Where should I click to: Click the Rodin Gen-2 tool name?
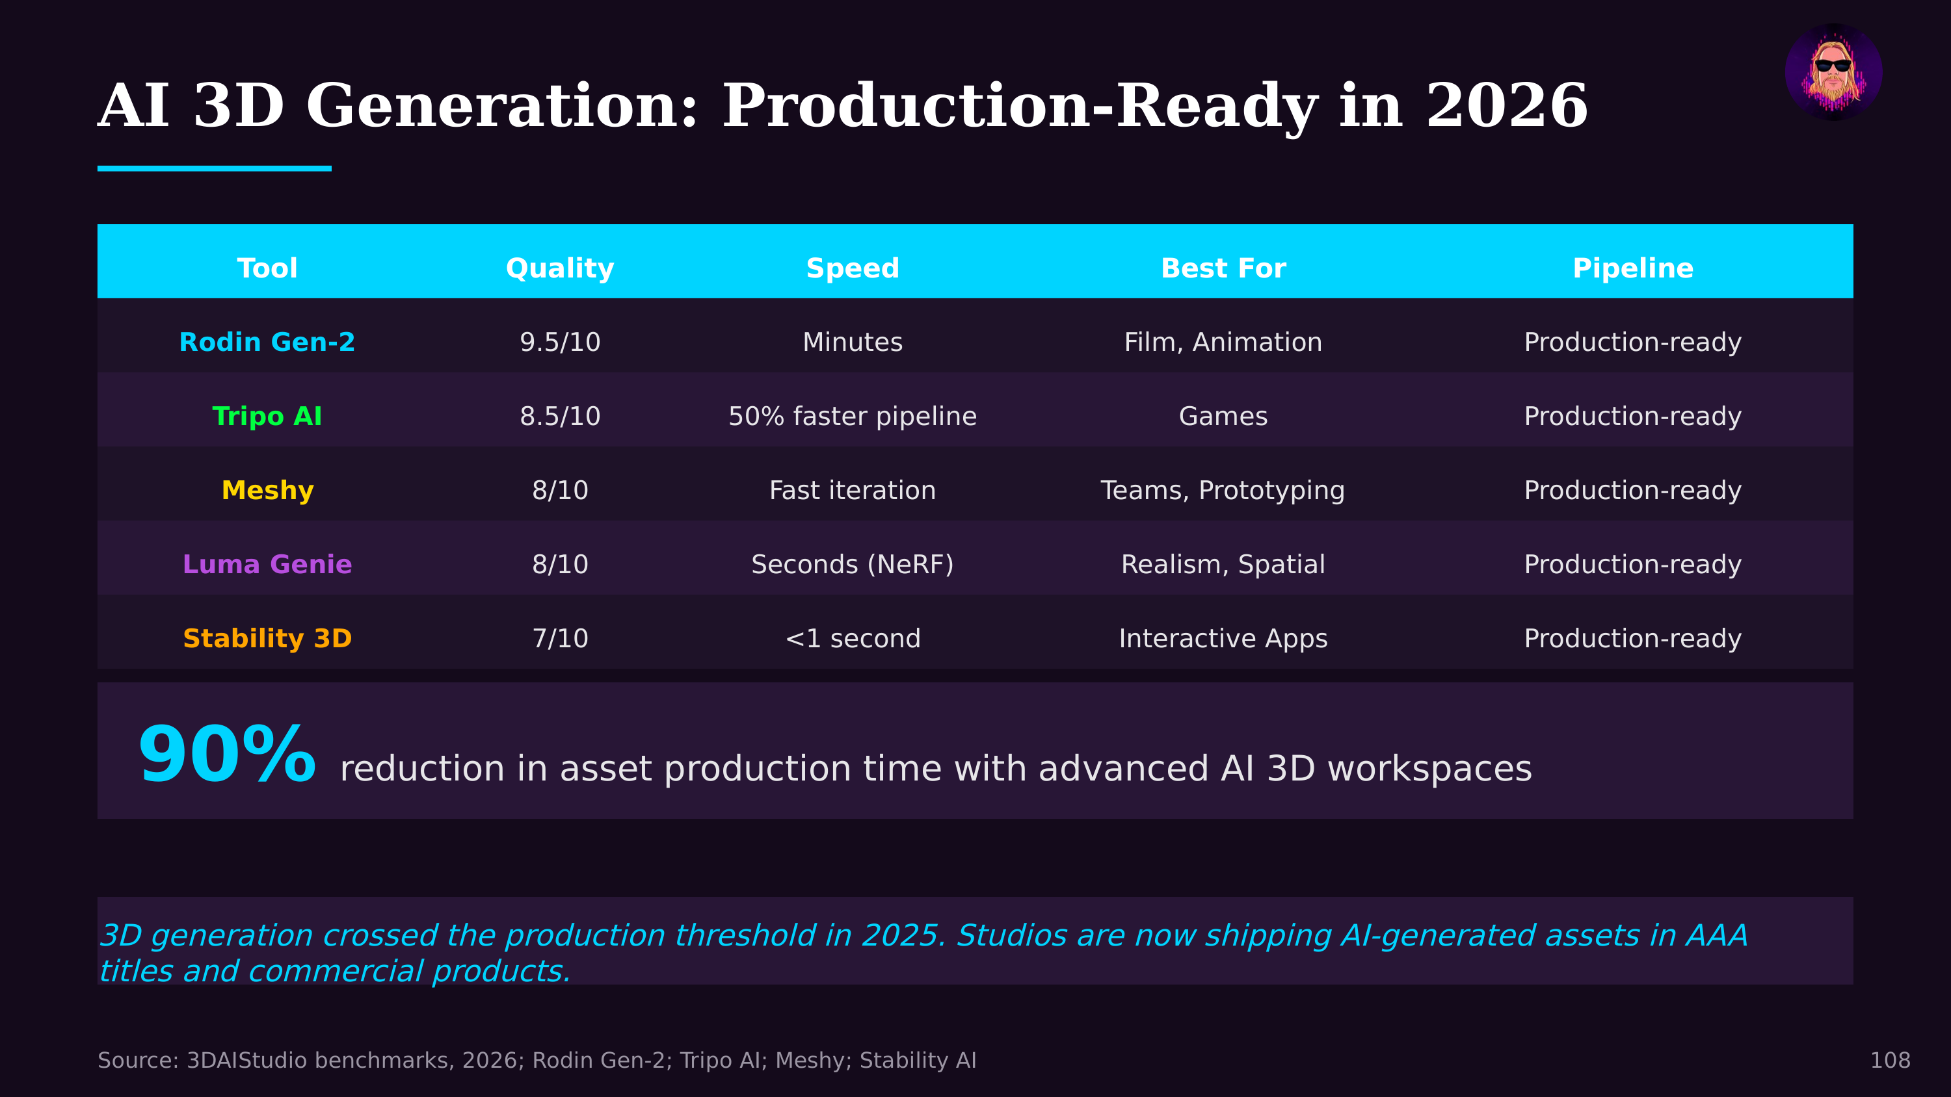pyautogui.click(x=267, y=342)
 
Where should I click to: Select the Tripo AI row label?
pyautogui.click(x=267, y=417)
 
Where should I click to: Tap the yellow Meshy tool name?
pyautogui.click(x=267, y=491)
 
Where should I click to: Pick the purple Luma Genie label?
pyautogui.click(x=267, y=565)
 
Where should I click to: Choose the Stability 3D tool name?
pyautogui.click(x=267, y=639)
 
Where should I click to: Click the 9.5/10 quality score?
pyautogui.click(x=560, y=342)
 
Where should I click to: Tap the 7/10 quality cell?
pyautogui.click(x=560, y=639)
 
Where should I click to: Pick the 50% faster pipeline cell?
pyautogui.click(x=852, y=417)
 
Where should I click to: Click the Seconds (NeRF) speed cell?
pyautogui.click(x=852, y=565)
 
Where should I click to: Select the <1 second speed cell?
pyautogui.click(x=852, y=639)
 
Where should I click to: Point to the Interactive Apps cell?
pyautogui.click(x=1223, y=639)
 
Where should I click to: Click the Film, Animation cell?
pyautogui.click(x=1223, y=342)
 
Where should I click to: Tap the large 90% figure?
pyautogui.click(x=226, y=755)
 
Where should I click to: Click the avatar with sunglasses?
pyautogui.click(x=1833, y=72)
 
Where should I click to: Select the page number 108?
pyautogui.click(x=1890, y=1060)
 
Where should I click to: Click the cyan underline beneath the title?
pyautogui.click(x=215, y=168)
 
